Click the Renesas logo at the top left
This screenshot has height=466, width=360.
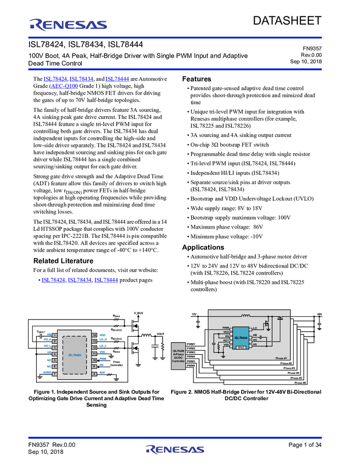tap(68, 24)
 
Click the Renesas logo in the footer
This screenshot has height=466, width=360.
tap(175, 450)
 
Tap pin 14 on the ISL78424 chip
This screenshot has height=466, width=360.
tap(94, 334)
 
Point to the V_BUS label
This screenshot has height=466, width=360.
tap(138, 312)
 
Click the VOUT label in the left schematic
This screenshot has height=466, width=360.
tap(160, 333)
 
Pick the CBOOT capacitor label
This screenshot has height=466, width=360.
tap(41, 332)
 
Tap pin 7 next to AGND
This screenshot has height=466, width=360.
tap(54, 373)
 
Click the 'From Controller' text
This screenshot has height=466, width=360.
tap(117, 363)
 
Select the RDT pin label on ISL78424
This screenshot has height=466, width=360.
tap(102, 373)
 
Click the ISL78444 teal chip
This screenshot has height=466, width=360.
tap(241, 337)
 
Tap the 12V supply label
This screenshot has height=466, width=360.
tap(193, 315)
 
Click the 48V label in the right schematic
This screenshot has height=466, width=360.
tap(319, 315)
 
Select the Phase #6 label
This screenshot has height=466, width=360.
tap(300, 383)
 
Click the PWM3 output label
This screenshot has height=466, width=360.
tap(191, 353)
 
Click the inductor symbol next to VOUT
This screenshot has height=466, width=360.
tap(146, 335)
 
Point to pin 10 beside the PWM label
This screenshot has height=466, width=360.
tap(94, 360)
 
